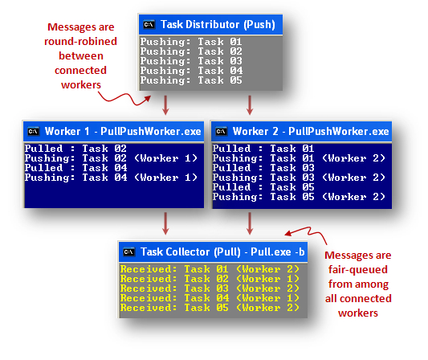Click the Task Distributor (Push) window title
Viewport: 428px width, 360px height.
tap(218, 25)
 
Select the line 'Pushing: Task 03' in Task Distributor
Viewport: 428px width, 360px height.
tap(191, 61)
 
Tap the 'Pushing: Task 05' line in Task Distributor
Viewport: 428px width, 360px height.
tap(191, 80)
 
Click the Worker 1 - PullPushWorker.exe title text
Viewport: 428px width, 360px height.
tap(123, 131)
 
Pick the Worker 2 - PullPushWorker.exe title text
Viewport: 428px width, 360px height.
tap(311, 131)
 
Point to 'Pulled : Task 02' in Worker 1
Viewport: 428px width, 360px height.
tap(75, 149)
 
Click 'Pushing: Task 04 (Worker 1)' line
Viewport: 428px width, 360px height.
tap(111, 178)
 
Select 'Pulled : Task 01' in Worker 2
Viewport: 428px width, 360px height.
tap(263, 149)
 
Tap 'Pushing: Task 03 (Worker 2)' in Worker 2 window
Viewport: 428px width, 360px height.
tap(299, 178)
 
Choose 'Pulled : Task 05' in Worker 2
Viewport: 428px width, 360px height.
tap(263, 187)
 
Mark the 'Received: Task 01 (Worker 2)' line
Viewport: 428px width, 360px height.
tap(210, 269)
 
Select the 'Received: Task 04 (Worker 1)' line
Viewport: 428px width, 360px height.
tap(210, 298)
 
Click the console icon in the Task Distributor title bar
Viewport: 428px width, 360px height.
tap(149, 25)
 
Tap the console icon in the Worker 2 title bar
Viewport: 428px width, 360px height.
tap(222, 131)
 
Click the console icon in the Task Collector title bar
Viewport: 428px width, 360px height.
tap(129, 252)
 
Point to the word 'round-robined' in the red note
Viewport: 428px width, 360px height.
tap(80, 41)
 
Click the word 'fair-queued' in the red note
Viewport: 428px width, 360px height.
tap(358, 269)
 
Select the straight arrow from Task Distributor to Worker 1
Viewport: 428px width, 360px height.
tap(165, 105)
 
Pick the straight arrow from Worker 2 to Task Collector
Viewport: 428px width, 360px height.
tap(250, 223)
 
